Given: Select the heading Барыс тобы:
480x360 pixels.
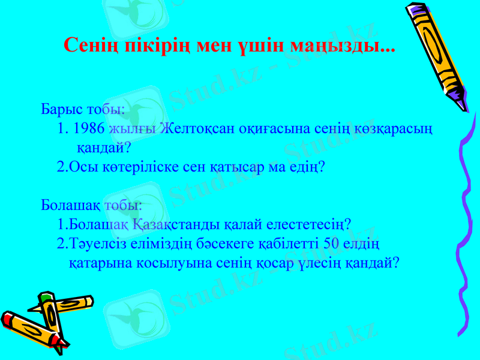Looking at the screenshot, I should [83, 110].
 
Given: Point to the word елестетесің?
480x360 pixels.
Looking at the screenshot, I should [305, 224].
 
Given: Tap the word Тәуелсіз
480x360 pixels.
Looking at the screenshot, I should [96, 244].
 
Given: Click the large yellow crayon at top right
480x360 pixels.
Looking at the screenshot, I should [436, 51].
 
